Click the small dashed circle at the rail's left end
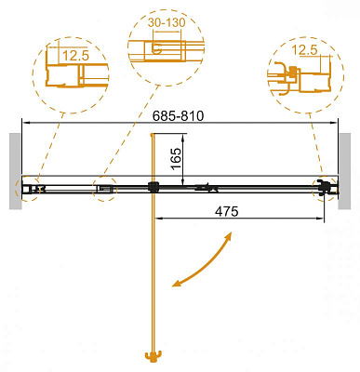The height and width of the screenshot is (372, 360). point(25,188)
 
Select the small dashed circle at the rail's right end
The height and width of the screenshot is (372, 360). point(327,187)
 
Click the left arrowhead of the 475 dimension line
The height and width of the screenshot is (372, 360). point(156,220)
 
